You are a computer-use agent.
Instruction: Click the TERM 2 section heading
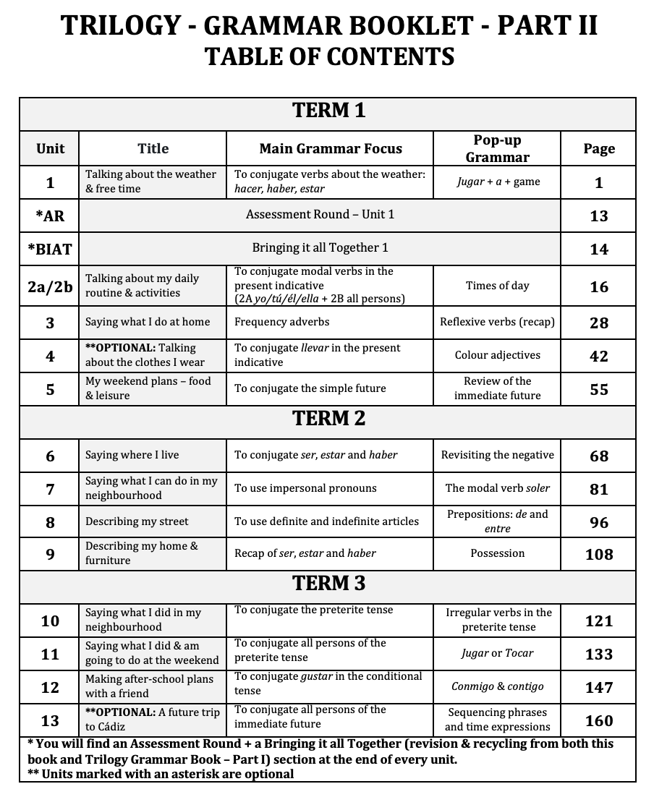pos(328,419)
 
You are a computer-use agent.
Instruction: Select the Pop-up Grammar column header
pos(497,148)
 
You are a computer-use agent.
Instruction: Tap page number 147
pos(599,687)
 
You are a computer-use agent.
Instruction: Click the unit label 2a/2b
pos(50,286)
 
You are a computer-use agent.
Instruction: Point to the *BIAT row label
pos(50,249)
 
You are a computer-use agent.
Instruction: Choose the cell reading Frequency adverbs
pos(281,322)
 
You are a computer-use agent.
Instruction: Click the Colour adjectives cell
pos(497,355)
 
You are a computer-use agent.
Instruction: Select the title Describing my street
pos(137,521)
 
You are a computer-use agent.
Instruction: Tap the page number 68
pos(599,456)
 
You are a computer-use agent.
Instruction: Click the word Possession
pos(497,553)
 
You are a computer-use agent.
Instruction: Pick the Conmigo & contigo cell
pos(497,686)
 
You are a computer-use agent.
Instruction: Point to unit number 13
pos(50,720)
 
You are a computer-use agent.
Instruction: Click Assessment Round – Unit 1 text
pos(320,214)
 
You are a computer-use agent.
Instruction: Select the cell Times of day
pos(497,286)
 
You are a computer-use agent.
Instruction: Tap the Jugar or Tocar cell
pos(497,653)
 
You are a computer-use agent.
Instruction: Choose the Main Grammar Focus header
pos(331,148)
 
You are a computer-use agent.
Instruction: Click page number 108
pos(599,554)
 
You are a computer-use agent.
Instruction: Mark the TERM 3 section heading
pos(328,584)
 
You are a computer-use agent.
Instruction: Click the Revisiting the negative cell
pos(497,455)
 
